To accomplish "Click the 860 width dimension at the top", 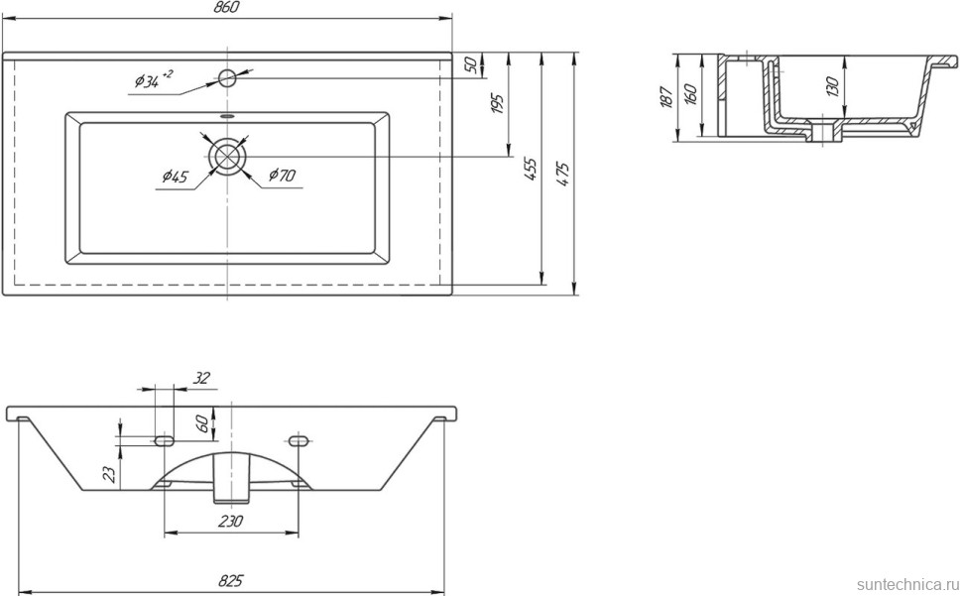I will point(227,8).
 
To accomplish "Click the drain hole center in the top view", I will point(228,157).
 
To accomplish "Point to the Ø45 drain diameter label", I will point(174,179).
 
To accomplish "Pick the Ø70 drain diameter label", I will point(282,178).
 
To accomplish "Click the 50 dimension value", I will point(472,64).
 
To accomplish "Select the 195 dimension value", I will point(498,103).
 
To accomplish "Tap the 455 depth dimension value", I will point(532,169).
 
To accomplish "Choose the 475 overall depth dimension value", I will point(563,174).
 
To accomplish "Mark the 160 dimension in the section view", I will point(690,96).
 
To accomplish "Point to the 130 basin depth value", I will point(832,87).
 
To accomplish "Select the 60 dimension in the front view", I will point(203,425).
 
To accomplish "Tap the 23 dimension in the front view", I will point(110,475).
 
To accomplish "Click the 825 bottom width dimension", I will point(231,580).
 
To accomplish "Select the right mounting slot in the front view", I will point(298,438).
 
